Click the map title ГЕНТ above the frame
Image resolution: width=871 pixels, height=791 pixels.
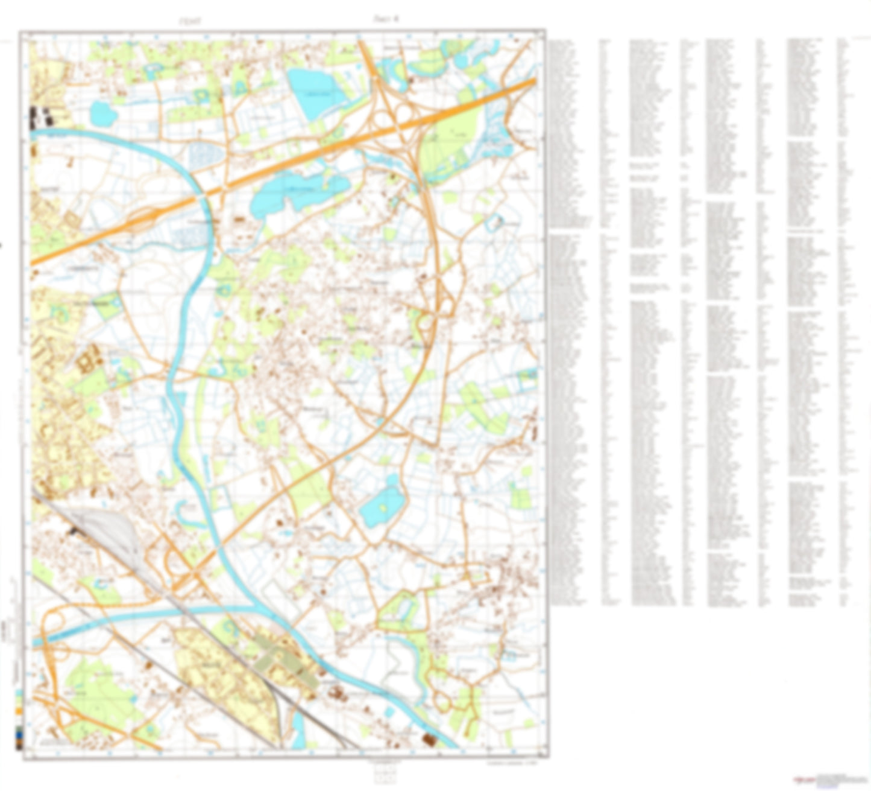click(190, 22)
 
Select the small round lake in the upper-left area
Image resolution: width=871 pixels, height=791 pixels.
click(102, 112)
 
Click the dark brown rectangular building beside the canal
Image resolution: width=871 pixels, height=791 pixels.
click(430, 739)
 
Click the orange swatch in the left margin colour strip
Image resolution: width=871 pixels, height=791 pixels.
click(19, 712)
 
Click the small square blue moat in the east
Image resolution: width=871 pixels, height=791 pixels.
click(494, 223)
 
